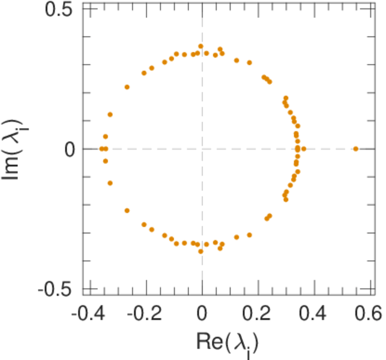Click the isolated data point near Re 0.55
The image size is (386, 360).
coord(355,149)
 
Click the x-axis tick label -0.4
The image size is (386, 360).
coord(88,313)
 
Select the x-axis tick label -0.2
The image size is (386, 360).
coord(145,313)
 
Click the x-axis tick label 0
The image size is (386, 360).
coord(203,313)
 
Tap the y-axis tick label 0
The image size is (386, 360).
coord(70,149)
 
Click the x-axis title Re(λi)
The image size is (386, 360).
coord(228,343)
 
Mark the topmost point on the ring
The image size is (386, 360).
coord(201,46)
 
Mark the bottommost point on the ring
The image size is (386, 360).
coord(201,251)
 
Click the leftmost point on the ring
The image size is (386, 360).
coord(101,149)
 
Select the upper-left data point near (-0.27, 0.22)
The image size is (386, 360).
coord(127,87)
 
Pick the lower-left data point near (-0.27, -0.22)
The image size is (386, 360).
coord(127,211)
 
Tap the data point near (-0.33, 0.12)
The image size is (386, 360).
coord(110,114)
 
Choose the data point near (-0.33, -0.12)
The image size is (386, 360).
coord(110,183)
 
